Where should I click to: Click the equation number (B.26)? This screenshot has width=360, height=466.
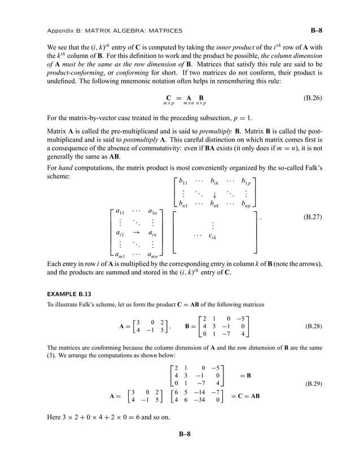point(312,98)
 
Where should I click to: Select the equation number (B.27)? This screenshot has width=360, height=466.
point(312,216)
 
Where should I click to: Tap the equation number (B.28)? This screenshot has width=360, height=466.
point(312,326)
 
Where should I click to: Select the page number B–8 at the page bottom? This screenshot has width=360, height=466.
point(180,434)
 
